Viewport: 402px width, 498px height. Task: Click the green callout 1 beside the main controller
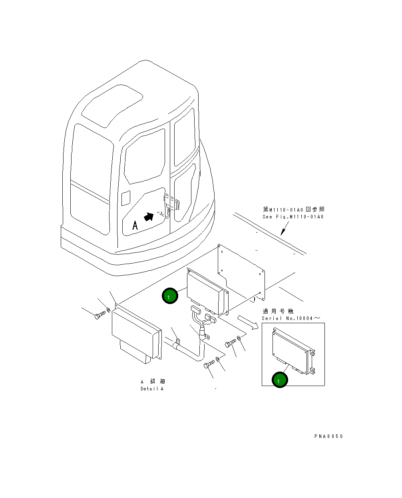tap(169, 296)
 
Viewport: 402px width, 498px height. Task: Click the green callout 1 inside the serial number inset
tap(280, 380)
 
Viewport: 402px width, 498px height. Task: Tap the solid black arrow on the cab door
tap(148, 217)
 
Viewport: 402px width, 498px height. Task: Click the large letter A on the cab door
tap(135, 226)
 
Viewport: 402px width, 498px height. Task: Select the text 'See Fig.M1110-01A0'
tap(293, 217)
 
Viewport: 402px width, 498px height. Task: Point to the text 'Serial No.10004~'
tap(291, 318)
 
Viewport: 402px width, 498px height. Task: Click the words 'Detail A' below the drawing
tap(152, 389)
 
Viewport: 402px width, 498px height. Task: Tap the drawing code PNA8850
tap(328, 436)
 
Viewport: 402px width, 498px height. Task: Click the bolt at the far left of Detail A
tap(99, 316)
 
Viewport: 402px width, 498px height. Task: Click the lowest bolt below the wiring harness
tap(209, 364)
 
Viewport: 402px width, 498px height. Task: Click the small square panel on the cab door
tap(126, 198)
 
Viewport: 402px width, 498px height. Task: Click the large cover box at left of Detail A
tap(136, 336)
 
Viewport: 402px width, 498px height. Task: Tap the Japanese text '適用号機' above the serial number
tap(278, 311)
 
